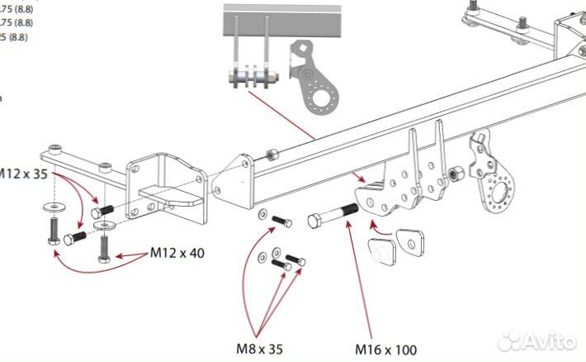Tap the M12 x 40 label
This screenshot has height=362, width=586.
[x=177, y=253]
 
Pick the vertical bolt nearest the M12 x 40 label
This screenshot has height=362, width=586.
[x=104, y=247]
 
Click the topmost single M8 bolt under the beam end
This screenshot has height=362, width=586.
[x=281, y=221]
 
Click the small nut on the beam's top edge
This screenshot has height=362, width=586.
[x=270, y=153]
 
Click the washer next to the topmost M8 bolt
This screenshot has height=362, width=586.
[x=262, y=216]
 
